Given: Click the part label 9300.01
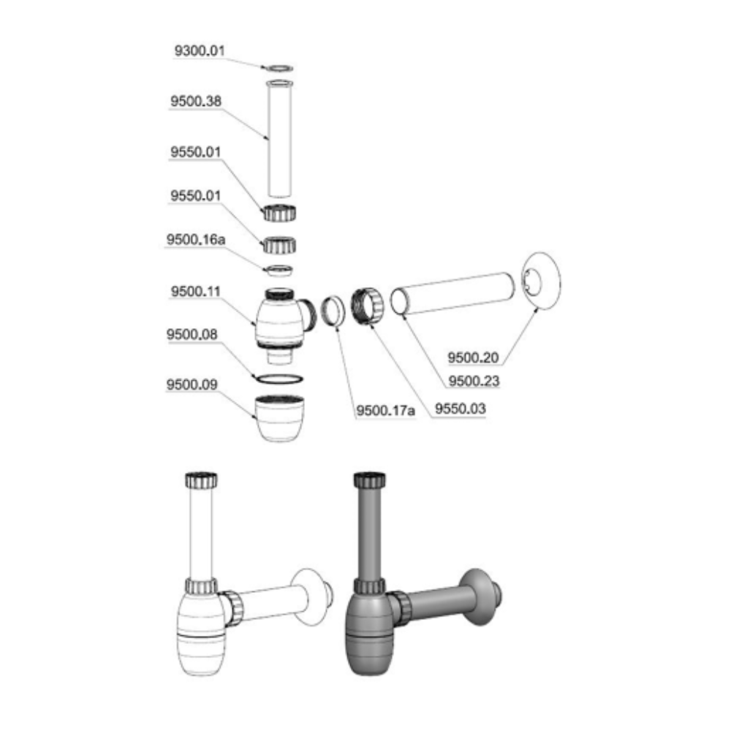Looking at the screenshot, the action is coord(200,50).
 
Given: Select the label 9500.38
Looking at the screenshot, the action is coord(196,101).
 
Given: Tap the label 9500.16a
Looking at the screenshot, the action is coord(196,240).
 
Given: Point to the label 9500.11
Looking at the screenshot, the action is coord(195,292).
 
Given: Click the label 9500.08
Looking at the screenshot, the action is coord(192,334).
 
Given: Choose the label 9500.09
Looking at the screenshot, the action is coord(192,385).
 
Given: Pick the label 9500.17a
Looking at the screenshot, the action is coord(385,411).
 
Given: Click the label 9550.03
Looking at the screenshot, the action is coord(460,409).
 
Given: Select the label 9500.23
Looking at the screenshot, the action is coord(474,382).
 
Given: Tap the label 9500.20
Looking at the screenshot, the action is coord(473,358).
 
